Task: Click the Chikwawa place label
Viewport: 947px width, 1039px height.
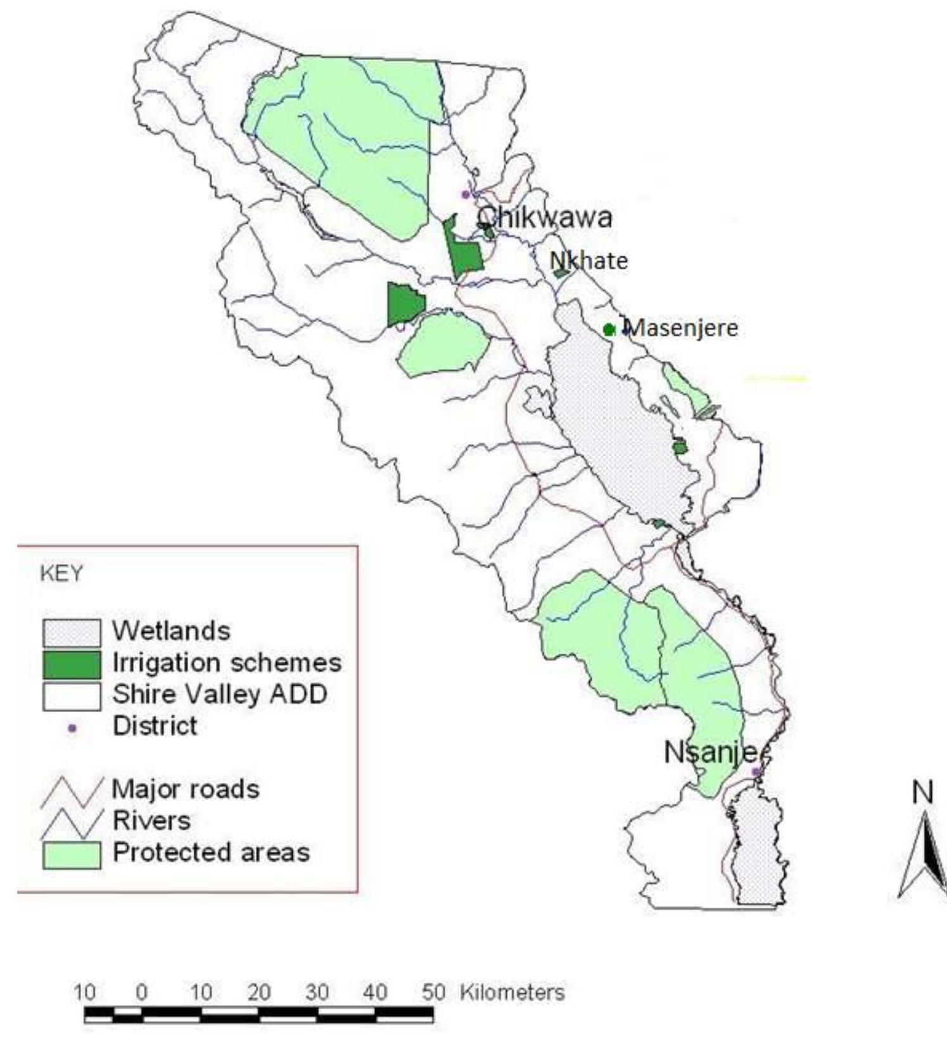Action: [544, 218]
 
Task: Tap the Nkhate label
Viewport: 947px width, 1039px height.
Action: [588, 260]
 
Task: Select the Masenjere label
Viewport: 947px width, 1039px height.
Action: [682, 328]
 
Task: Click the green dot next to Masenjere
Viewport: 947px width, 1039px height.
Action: [609, 329]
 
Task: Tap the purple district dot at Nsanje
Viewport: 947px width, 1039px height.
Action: [755, 772]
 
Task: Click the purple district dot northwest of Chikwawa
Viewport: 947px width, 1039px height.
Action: [466, 194]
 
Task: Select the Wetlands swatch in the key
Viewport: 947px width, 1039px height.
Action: [72, 632]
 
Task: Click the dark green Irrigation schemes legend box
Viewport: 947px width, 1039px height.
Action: [72, 664]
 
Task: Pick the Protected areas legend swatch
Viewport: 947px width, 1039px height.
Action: [72, 854]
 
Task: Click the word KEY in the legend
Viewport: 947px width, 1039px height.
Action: [61, 574]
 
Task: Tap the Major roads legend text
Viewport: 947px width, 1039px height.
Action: [186, 789]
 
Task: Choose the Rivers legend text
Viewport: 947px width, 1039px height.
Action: [151, 821]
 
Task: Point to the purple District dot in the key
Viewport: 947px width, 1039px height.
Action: [72, 728]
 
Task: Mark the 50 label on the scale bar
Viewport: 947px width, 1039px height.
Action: [434, 991]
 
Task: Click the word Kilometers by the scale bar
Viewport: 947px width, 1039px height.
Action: [512, 991]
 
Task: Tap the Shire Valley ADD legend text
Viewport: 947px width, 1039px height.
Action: [220, 694]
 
